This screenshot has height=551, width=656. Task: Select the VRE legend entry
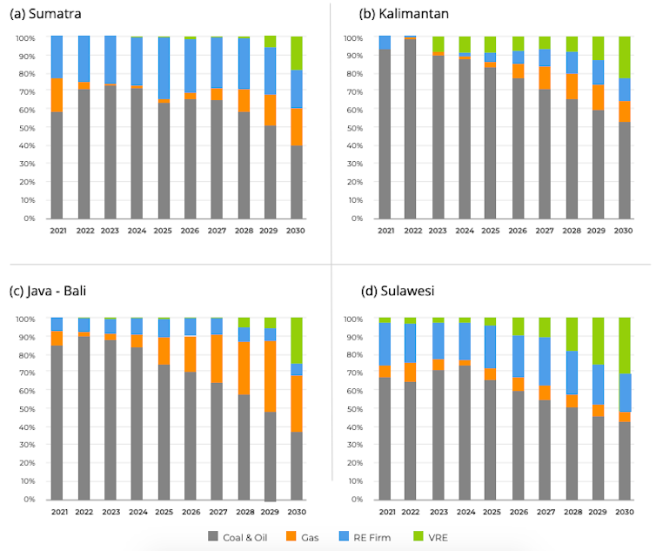coord(441,537)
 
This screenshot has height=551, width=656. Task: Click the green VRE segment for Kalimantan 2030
coord(625,57)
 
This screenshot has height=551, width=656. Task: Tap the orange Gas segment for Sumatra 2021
coord(57,95)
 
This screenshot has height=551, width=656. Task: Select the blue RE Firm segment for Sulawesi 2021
coord(385,344)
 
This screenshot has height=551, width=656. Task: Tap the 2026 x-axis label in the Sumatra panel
coord(191,232)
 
